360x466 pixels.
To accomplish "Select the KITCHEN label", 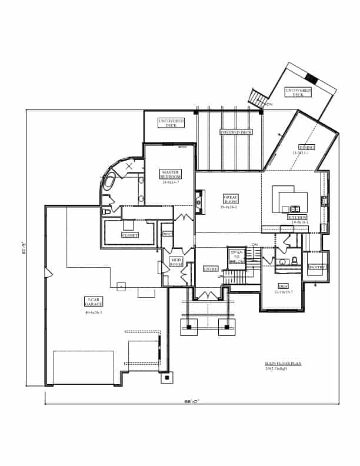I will pos(297,218).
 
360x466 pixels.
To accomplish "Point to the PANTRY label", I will pos(317,267).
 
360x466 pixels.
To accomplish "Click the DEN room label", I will pos(282,288).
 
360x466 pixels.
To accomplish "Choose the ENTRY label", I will pos(211,269).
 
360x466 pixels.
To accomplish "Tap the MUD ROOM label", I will pos(176,262).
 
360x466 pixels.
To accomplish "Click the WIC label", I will pos(167,234).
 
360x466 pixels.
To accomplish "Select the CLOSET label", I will pos(130,235).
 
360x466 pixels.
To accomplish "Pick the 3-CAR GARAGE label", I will pos(94,302).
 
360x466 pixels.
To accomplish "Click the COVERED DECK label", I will pos(236,133).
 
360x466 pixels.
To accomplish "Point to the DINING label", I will pos(306,147).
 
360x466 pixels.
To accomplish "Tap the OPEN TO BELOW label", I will pos(236,257).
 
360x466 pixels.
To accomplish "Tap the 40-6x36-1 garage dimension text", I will pos(94,312).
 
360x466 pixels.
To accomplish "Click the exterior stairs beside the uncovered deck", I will pos(257,98).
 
